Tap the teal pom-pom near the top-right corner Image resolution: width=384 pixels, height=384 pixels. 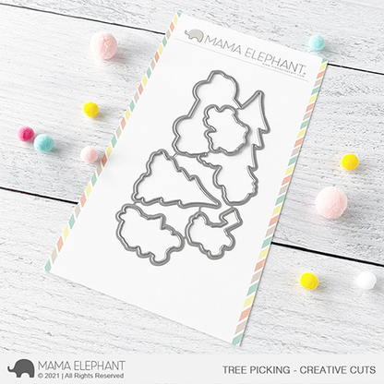[317, 42]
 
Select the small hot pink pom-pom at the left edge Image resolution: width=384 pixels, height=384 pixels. [26, 135]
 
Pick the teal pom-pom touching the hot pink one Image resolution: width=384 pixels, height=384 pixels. [43, 143]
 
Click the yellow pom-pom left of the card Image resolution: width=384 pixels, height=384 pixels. [90, 110]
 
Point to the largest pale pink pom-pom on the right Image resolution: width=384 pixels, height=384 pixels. [331, 202]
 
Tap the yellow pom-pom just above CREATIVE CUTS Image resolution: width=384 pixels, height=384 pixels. [309, 280]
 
